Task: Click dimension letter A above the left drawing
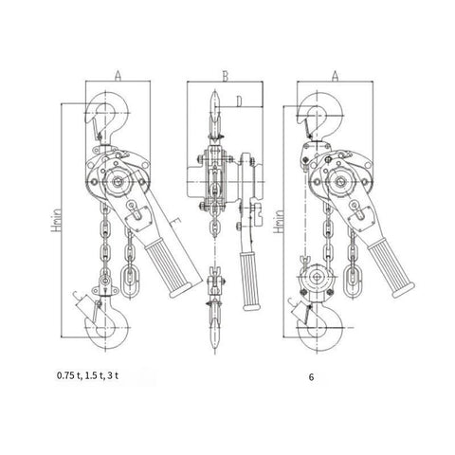pos(118,76)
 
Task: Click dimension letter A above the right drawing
pos(335,76)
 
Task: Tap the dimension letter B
pos(225,76)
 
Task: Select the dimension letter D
pos(239,101)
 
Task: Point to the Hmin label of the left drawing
pos(56,220)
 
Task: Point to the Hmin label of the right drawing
pos(279,222)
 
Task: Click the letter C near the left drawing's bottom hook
pos(76,296)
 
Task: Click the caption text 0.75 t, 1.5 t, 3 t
pos(87,375)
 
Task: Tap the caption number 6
pos(312,377)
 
